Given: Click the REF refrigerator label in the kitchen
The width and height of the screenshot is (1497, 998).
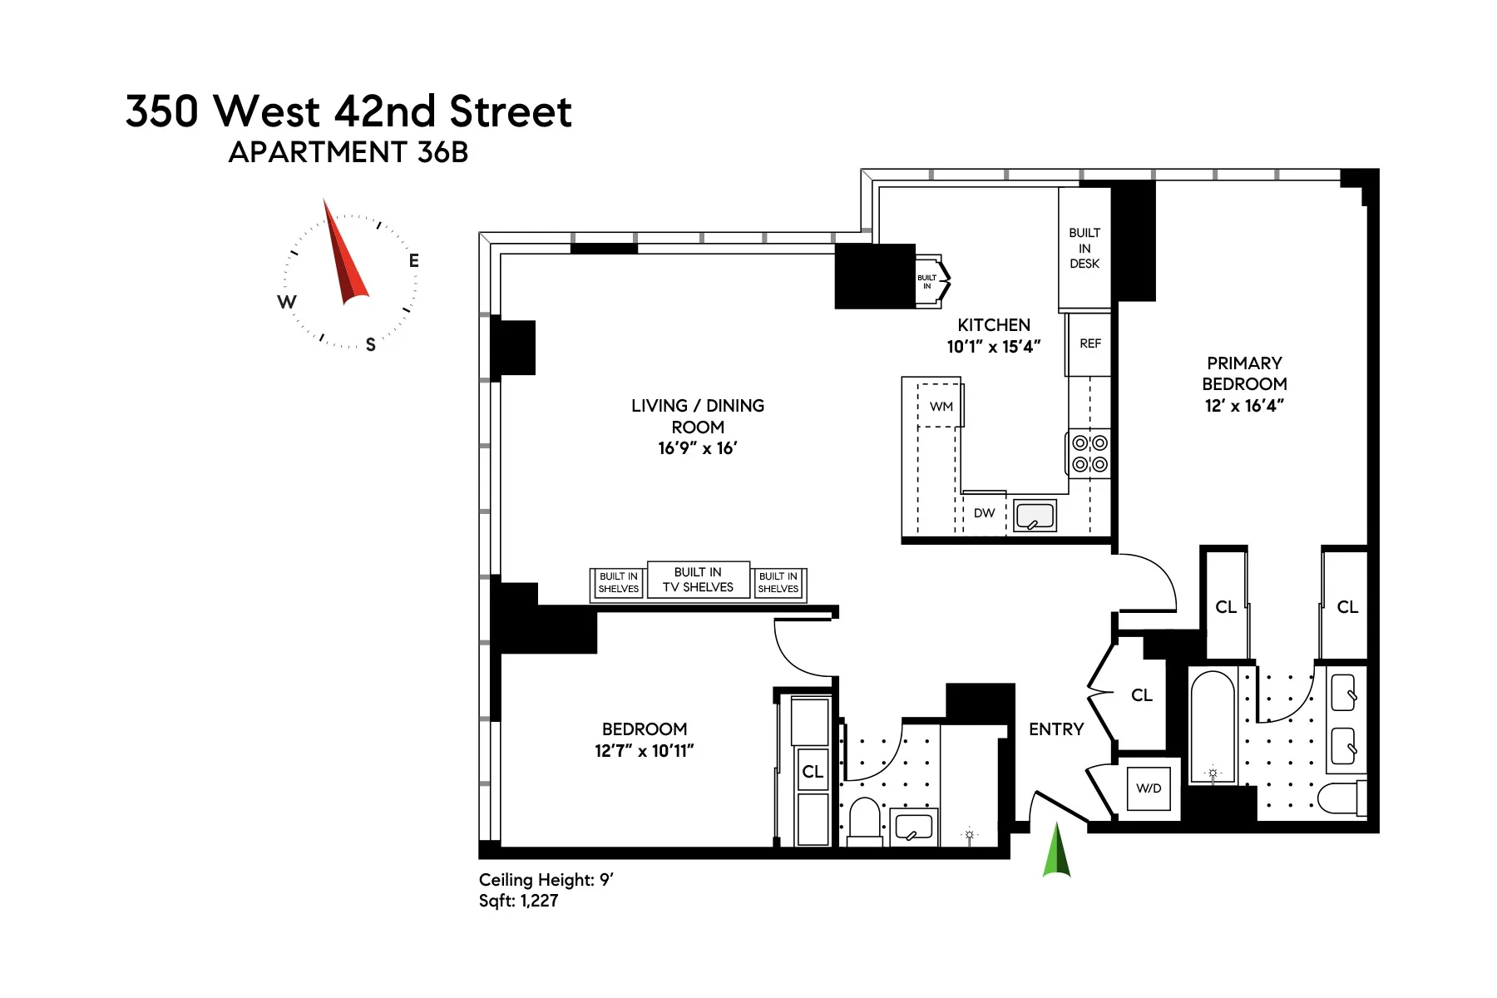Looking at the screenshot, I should click(x=1089, y=343).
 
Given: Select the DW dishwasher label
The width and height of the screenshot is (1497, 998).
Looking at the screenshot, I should click(x=984, y=513).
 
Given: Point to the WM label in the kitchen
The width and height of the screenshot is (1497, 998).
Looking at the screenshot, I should click(x=941, y=407).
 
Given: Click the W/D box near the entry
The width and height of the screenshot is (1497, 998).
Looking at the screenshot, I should click(x=1149, y=788).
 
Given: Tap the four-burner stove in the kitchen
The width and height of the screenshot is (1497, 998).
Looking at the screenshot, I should click(x=1089, y=454).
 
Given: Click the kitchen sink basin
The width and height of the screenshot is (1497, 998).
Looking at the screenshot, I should click(x=1035, y=516).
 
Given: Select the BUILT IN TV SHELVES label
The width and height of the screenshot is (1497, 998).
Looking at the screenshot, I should click(x=698, y=580).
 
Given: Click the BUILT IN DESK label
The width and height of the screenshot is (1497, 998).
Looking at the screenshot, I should click(x=1084, y=248).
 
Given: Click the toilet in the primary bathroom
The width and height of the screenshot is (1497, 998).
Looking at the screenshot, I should click(x=1340, y=798).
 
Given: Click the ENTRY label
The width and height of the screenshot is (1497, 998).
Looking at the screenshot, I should click(x=1056, y=729).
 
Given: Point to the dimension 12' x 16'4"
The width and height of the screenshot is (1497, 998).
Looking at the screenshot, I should click(x=1244, y=406).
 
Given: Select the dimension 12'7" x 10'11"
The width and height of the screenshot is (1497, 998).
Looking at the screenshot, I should click(x=644, y=751).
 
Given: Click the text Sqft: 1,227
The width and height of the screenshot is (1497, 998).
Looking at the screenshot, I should click(x=518, y=901).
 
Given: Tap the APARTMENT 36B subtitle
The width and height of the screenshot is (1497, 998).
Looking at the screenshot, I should click(x=348, y=153).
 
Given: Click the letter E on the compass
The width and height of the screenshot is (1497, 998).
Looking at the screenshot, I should click(x=413, y=261).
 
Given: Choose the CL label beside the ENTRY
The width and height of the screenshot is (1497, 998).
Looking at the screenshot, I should click(x=1141, y=695).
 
